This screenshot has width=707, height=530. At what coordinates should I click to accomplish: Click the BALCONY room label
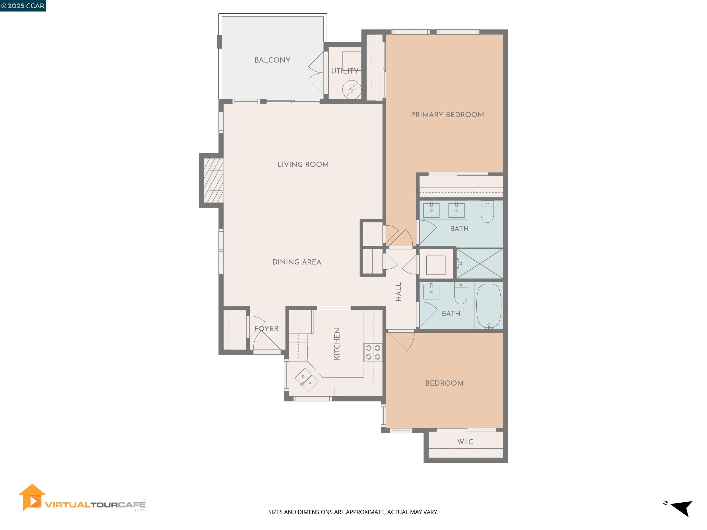[272, 60]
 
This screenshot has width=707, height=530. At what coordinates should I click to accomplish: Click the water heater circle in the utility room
[352, 90]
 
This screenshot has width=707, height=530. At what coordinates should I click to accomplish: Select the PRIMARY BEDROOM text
[447, 115]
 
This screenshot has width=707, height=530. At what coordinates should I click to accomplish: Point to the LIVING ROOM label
[303, 164]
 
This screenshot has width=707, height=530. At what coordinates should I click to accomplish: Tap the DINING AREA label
[297, 262]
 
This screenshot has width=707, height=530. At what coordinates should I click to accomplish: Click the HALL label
[398, 292]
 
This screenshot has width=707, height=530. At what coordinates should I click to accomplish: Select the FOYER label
[266, 328]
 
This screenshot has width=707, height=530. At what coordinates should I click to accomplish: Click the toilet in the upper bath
[487, 212]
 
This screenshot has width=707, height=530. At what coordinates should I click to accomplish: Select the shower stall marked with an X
[479, 263]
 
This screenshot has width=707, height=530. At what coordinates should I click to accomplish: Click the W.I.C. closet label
[466, 442]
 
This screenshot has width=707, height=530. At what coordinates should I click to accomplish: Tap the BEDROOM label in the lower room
[444, 383]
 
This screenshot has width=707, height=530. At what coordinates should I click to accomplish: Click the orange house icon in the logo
[32, 497]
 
